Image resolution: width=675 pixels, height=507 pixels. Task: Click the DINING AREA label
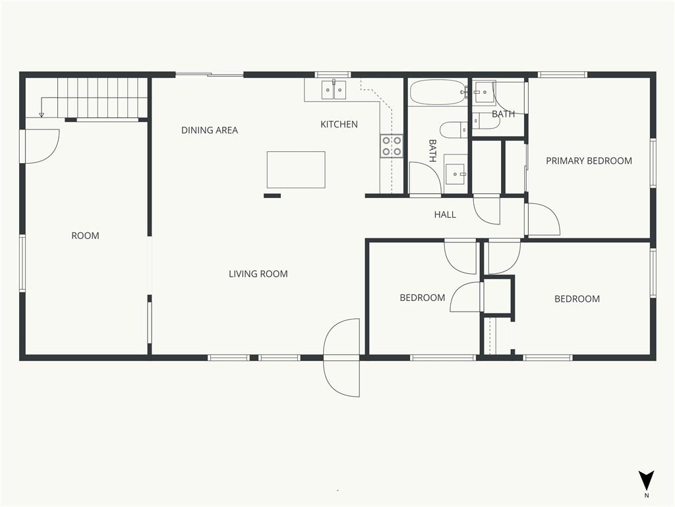click(209, 130)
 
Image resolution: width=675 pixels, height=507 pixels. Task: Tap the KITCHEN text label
click(339, 124)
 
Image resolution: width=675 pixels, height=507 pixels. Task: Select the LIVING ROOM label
click(258, 274)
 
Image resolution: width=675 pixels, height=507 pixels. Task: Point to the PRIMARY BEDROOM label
click(589, 161)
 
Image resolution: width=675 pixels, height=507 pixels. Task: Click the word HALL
click(445, 215)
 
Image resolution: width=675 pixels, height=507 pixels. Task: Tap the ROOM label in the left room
click(85, 236)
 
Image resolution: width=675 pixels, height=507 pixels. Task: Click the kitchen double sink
click(334, 90)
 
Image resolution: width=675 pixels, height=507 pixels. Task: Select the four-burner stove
click(392, 146)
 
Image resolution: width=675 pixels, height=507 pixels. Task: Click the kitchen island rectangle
click(296, 170)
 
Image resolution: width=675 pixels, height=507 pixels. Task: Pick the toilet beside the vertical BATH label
click(454, 129)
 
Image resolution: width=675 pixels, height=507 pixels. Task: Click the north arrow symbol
click(646, 481)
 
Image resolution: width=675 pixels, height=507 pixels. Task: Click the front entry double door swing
click(342, 357)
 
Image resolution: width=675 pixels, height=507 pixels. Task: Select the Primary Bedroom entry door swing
click(543, 219)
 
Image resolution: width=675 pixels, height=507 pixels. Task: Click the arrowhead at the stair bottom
click(42, 115)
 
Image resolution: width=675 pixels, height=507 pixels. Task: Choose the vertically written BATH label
click(432, 151)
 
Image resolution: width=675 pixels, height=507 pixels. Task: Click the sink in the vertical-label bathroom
click(455, 174)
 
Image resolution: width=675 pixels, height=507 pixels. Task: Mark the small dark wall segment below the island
click(272, 195)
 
